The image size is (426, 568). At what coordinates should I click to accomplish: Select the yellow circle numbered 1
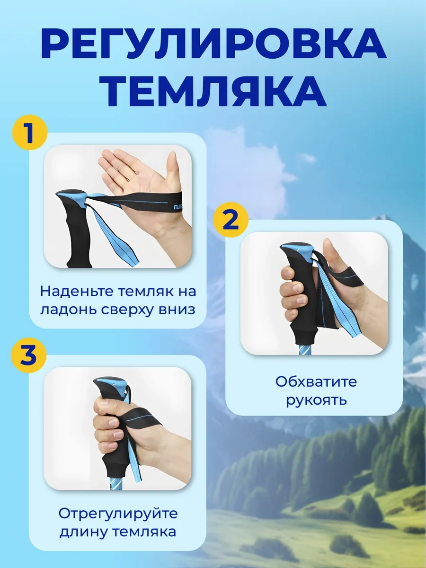click(x=30, y=133)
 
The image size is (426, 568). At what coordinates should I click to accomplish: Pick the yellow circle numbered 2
click(x=231, y=220)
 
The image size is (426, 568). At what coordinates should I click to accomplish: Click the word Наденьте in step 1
click(x=77, y=291)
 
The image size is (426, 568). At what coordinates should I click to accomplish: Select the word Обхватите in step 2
click(x=316, y=382)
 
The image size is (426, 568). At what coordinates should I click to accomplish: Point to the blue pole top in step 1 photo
click(x=72, y=196)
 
